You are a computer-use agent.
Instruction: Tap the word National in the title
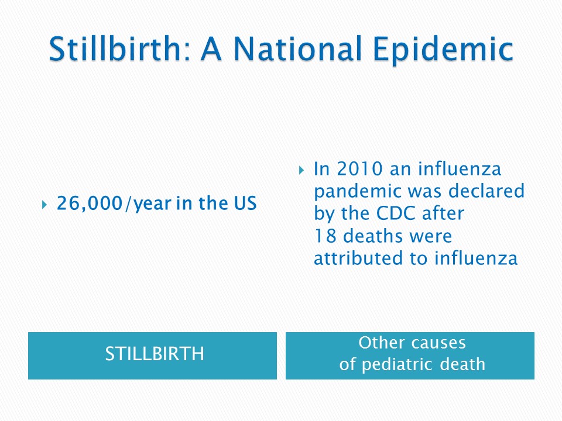pyautogui.click(x=297, y=49)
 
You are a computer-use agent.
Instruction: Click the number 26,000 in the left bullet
pyautogui.click(x=90, y=203)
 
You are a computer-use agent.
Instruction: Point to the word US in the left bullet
pyautogui.click(x=245, y=203)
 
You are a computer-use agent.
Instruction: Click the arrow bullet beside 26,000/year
pyautogui.click(x=44, y=205)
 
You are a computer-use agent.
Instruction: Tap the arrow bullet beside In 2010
pyautogui.click(x=301, y=170)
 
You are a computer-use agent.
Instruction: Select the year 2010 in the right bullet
pyautogui.click(x=359, y=168)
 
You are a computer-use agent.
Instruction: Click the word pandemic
pyautogui.click(x=358, y=192)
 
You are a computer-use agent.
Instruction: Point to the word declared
pyautogui.click(x=486, y=191)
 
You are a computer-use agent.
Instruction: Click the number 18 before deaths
pyautogui.click(x=325, y=236)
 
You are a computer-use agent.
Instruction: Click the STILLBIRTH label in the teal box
pyautogui.click(x=155, y=354)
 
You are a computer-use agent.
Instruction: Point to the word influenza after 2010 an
pyautogui.click(x=460, y=168)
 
